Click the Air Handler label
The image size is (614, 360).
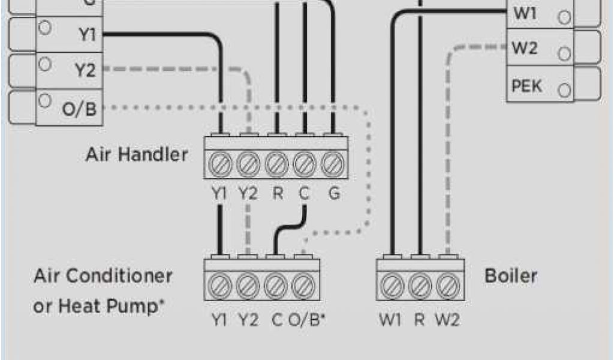click(x=136, y=155)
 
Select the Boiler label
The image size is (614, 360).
click(x=510, y=277)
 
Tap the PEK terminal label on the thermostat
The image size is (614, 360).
click(x=526, y=86)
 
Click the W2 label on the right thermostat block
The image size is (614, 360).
click(x=525, y=49)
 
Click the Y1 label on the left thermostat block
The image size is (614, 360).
click(x=87, y=35)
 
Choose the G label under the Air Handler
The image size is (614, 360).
click(x=334, y=194)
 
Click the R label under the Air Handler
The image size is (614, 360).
click(x=276, y=194)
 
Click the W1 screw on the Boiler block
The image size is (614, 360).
click(x=392, y=285)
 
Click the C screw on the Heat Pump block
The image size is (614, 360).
click(x=276, y=285)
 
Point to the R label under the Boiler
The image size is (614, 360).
click(x=420, y=320)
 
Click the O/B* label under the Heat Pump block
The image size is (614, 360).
click(x=306, y=320)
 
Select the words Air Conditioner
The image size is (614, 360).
click(x=103, y=277)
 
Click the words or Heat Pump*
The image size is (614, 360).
click(x=99, y=307)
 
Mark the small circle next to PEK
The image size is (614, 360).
click(x=564, y=91)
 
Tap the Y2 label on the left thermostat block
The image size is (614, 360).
click(x=86, y=71)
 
